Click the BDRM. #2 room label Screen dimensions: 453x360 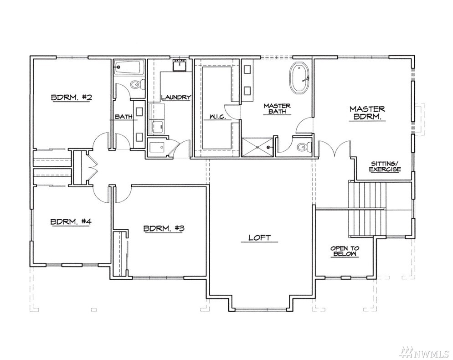pos(72,98)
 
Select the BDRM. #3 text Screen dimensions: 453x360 pos(164,221)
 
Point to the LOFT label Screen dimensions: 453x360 pos(260,237)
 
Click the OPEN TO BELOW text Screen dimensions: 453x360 pos(345,252)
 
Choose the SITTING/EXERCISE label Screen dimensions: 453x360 pos(385,166)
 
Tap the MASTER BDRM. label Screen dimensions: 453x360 pos(367,113)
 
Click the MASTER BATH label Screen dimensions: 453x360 pos(277,108)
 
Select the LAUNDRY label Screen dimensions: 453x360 pos(176,98)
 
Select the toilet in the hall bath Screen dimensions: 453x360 pos(137,85)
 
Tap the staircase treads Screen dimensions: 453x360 pos(367,210)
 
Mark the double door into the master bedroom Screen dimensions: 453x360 pos(335,149)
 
